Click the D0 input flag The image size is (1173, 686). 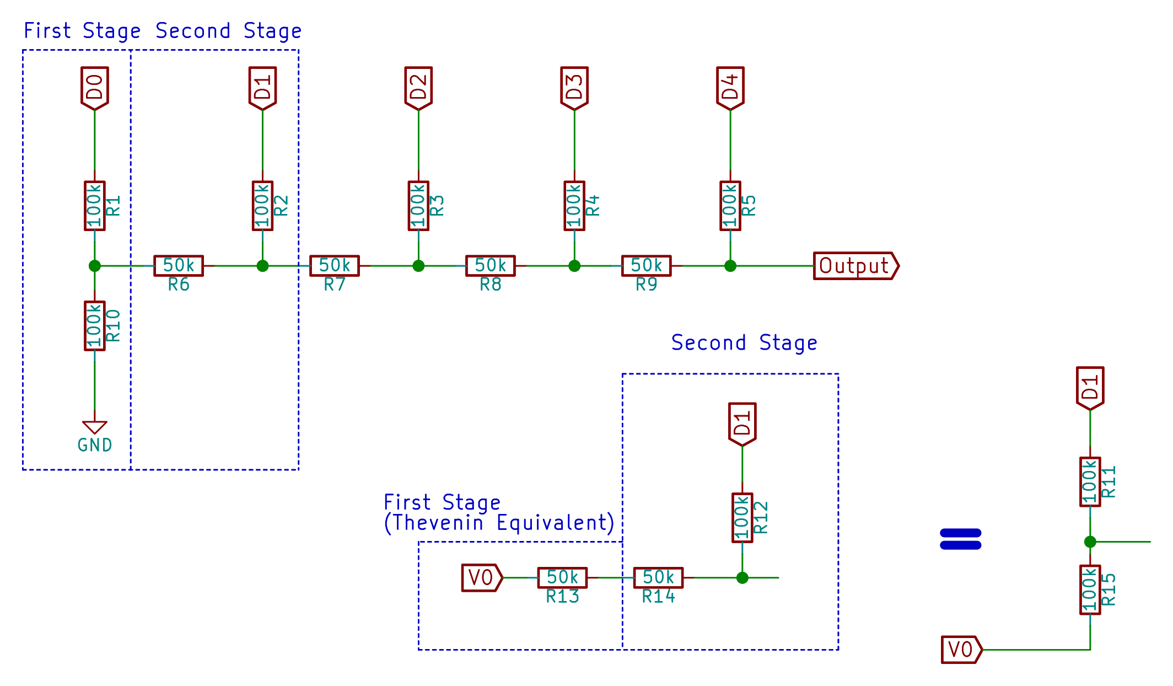click(94, 88)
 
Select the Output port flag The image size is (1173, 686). click(855, 266)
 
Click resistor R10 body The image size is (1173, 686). click(94, 325)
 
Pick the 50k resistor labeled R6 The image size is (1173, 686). click(178, 266)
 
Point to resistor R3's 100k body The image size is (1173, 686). click(418, 206)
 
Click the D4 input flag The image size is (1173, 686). click(730, 88)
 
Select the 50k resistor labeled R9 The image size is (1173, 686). click(646, 266)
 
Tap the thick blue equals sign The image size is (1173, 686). click(960, 539)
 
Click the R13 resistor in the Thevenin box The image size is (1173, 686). click(562, 577)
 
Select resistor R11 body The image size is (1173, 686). click(1090, 481)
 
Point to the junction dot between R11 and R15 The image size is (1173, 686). click(1090, 542)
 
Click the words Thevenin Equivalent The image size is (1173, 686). click(499, 523)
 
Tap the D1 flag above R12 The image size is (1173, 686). click(742, 424)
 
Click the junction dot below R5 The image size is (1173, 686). click(730, 266)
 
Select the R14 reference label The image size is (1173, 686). click(658, 597)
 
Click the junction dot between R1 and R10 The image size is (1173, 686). click(94, 266)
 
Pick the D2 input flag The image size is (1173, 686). click(418, 88)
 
